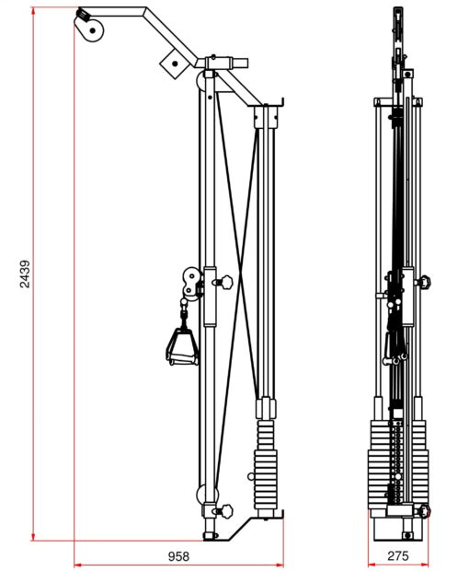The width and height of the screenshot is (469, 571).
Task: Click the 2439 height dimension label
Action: click(25, 274)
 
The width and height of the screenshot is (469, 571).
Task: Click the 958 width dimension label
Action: click(178, 556)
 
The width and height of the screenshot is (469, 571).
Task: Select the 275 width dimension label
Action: click(398, 555)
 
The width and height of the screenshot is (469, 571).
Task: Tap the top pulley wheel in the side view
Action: click(90, 29)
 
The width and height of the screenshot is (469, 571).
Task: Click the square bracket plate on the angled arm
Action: click(175, 64)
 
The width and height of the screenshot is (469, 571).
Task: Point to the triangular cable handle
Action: click(182, 346)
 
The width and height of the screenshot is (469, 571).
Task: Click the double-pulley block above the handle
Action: click(191, 284)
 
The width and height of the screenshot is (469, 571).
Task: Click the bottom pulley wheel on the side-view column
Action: click(207, 495)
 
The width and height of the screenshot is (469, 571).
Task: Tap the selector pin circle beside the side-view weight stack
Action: click(251, 476)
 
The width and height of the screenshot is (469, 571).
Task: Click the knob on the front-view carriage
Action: click(424, 282)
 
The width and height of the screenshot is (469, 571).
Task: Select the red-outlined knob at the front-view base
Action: click(424, 510)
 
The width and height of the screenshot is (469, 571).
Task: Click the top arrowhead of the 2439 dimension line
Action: click(33, 10)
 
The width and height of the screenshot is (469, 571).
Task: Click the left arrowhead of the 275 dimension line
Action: click(372, 565)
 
